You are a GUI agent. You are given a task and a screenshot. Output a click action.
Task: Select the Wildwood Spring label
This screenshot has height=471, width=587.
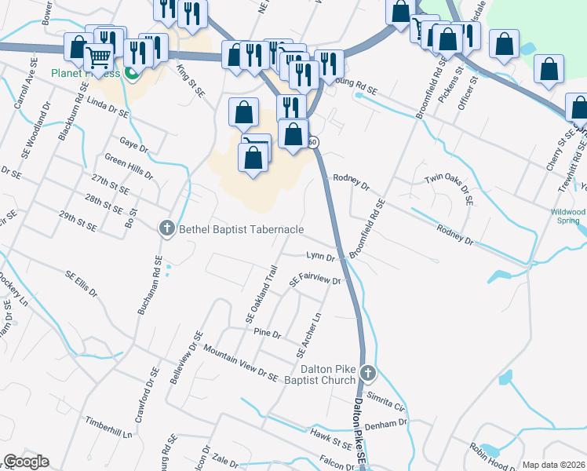(568, 216)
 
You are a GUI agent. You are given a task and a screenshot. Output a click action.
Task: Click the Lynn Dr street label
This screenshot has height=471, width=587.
(320, 257)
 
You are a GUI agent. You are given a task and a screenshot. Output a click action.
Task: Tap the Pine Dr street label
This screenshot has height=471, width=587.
(268, 334)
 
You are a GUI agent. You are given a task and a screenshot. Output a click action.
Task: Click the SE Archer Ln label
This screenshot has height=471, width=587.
(309, 334)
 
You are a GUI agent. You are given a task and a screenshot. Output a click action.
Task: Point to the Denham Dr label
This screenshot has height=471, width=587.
(392, 423)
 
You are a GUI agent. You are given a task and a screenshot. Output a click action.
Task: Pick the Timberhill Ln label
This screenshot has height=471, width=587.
(110, 428)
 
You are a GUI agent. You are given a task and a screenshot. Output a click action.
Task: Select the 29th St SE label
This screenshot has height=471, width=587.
(78, 221)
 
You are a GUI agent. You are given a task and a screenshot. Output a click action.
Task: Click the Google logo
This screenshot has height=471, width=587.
(26, 462)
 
